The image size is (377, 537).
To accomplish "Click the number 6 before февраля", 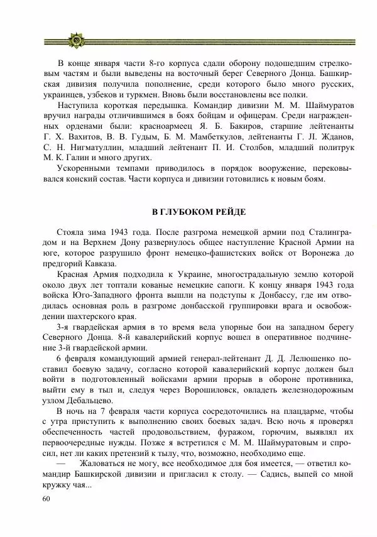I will (58, 359).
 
